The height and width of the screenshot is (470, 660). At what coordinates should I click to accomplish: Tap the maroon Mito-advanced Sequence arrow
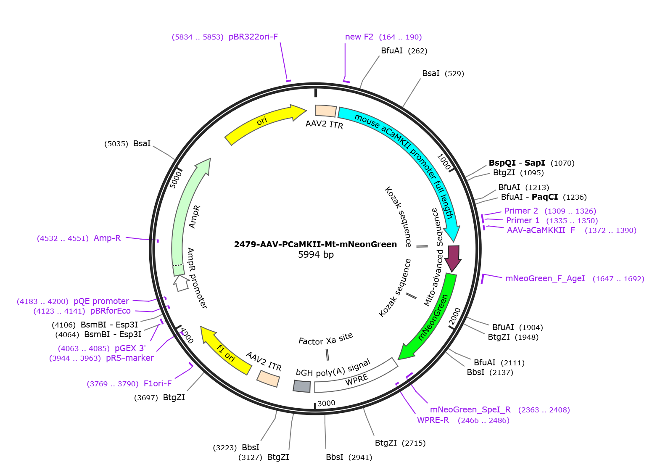453,258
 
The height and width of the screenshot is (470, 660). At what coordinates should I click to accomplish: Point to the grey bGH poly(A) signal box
302,386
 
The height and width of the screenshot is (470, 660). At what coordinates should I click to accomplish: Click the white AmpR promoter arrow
181,283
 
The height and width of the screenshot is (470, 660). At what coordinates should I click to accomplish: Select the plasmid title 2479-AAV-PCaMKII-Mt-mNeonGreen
315,244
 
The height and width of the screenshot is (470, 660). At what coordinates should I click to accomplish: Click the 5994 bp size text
316,254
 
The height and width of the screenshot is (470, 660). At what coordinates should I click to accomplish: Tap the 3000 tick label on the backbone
326,403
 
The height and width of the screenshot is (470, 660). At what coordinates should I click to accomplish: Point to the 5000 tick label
176,180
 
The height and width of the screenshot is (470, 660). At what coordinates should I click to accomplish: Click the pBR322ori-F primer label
253,37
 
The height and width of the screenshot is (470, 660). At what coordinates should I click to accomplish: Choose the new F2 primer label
359,37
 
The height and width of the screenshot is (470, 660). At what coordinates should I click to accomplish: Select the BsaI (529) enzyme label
443,74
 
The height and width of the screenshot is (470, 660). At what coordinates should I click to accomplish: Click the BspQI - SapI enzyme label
517,163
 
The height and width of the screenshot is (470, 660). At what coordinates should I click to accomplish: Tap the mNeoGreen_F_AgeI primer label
545,278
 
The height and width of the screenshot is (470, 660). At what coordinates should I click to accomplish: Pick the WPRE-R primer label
433,420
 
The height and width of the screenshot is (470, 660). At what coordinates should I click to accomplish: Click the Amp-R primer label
107,238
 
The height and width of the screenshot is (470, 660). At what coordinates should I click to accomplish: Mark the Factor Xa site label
325,339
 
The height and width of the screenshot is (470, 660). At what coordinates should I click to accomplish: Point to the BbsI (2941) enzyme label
349,457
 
